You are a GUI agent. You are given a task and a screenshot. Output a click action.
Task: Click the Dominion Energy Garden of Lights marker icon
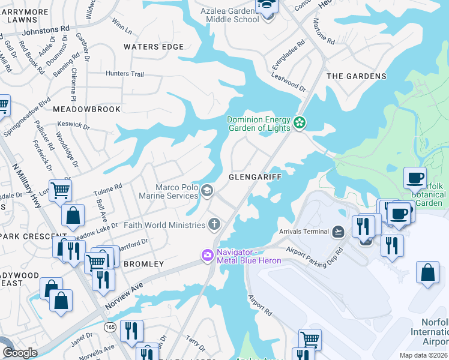pyautogui.click(x=300, y=124)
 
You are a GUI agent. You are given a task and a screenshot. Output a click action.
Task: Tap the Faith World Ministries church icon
pyautogui.click(x=214, y=225)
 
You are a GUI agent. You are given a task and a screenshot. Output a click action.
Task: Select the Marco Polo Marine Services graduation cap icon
pyautogui.click(x=207, y=191)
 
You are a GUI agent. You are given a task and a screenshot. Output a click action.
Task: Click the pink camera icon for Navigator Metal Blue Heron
pyautogui.click(x=207, y=256)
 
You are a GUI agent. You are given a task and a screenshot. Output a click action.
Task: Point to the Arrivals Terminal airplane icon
pyautogui.click(x=338, y=232)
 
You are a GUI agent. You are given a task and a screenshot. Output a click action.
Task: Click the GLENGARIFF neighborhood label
pyautogui.click(x=255, y=178)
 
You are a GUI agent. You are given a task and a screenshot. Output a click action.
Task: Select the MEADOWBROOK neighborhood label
pyautogui.click(x=86, y=109)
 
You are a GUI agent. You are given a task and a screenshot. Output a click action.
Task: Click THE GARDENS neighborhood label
pyautogui.click(x=356, y=76)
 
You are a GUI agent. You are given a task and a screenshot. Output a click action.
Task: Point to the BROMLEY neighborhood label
pyautogui.click(x=143, y=264)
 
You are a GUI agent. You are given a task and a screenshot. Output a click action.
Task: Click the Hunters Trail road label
pyautogui.click(x=125, y=74)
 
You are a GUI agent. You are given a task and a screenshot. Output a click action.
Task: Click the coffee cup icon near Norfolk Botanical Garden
pyautogui.click(x=415, y=178)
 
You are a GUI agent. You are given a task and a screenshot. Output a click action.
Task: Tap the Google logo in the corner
pyautogui.click(x=20, y=353)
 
